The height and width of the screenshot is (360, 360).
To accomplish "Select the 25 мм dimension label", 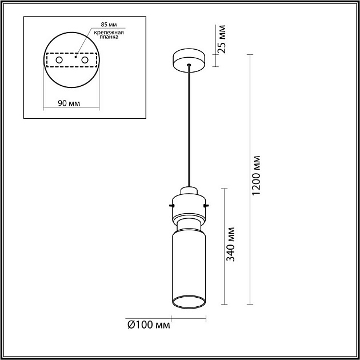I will [x=222, y=39].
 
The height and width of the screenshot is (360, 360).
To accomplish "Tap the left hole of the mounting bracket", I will [x=59, y=59].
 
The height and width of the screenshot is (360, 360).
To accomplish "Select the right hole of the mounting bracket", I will [x=85, y=59].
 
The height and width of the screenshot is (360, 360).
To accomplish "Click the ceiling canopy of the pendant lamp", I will [x=190, y=59].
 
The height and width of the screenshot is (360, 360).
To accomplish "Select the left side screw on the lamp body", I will [x=171, y=204].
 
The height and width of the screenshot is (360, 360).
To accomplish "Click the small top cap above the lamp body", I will [x=189, y=191].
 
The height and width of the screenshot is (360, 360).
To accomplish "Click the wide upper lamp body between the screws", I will [x=189, y=205].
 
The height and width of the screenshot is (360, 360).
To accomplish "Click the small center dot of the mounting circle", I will [x=71, y=57].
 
